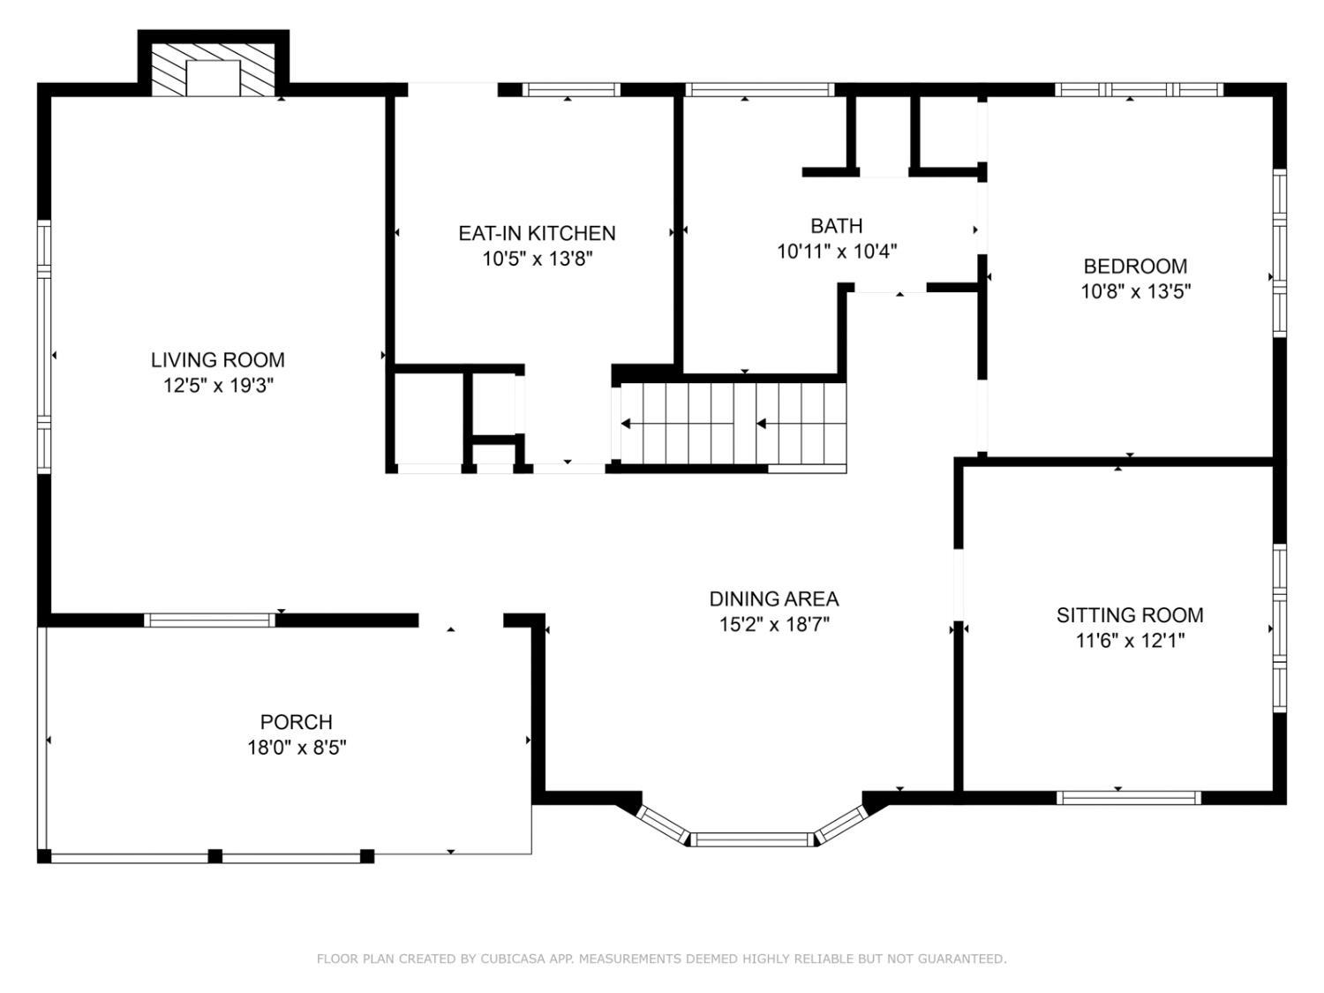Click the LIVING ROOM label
[x=217, y=360]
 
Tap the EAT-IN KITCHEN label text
[x=537, y=233]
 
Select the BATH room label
[x=836, y=226]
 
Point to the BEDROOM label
[x=1134, y=267]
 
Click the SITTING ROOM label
[x=1129, y=615]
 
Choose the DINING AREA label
[x=773, y=598]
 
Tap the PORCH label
[x=296, y=722]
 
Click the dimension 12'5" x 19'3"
[x=218, y=385]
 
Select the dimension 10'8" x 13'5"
[x=1135, y=292]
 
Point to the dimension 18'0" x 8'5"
[x=297, y=748]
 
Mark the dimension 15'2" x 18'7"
[x=774, y=625]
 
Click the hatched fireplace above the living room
[x=213, y=70]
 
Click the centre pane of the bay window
[x=751, y=839]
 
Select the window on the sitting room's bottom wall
[x=1129, y=798]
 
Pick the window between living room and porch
[x=209, y=621]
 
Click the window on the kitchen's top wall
[x=570, y=90]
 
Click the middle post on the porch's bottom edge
[x=214, y=856]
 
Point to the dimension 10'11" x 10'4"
[x=836, y=252]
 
